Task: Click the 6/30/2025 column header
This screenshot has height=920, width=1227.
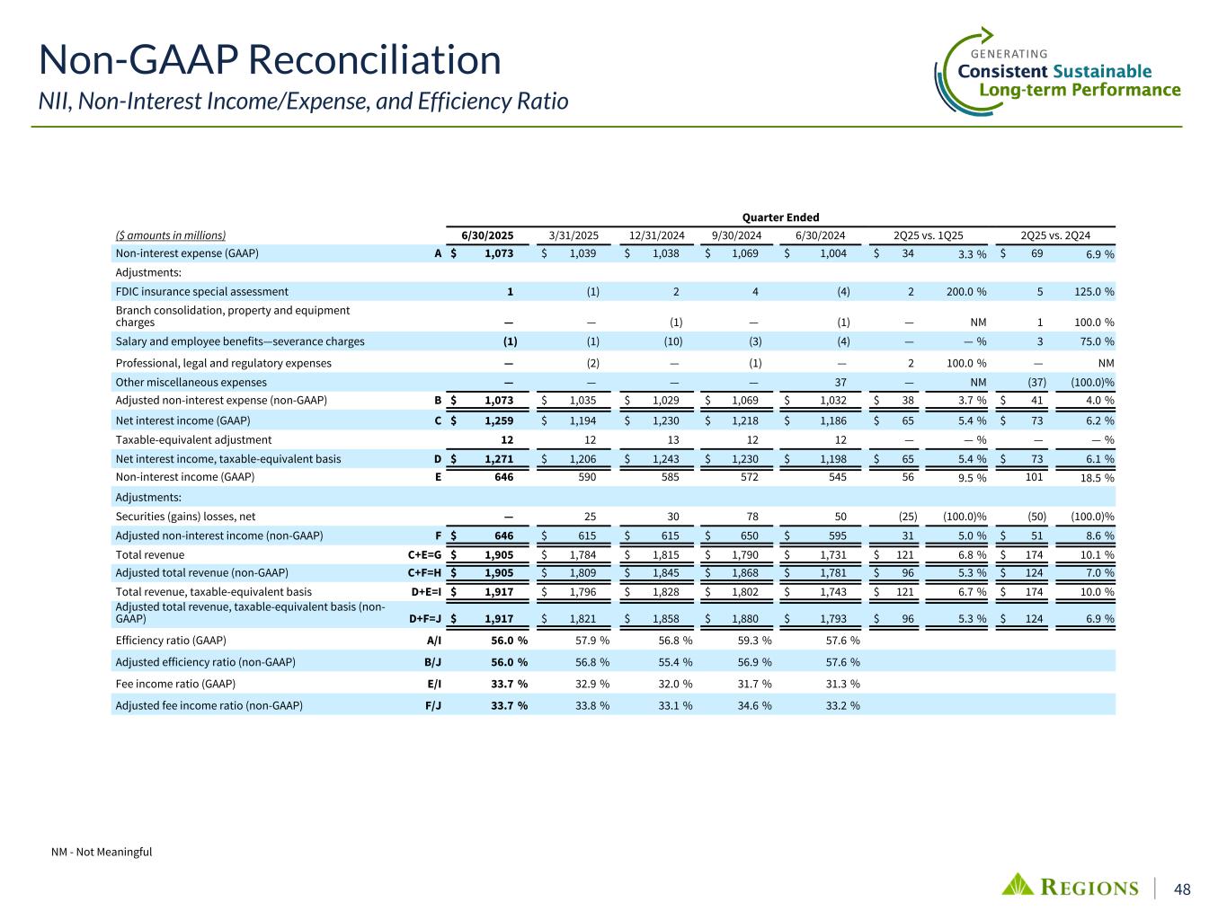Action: pos(487,235)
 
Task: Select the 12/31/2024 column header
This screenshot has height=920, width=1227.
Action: pos(657,235)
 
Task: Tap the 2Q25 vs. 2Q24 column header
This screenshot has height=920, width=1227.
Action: pos(1055,235)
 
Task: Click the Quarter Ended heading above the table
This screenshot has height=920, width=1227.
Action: pos(779,217)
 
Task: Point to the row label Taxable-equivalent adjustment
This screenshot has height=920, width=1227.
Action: pos(193,439)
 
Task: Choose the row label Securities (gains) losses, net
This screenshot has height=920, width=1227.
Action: pos(185,517)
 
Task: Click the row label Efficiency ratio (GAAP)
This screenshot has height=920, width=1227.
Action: pos(171,641)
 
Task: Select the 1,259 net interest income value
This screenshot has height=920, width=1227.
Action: pos(499,420)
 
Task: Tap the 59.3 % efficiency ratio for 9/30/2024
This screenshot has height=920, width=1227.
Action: pos(753,641)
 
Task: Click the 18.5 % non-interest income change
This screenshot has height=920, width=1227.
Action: pos(1098,478)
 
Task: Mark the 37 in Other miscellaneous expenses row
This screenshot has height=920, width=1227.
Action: pos(841,382)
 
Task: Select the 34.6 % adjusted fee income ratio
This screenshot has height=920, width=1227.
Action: pos(753,705)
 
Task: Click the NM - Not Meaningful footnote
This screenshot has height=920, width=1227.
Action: pos(102,852)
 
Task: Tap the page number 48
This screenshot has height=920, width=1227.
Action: pos(1183,889)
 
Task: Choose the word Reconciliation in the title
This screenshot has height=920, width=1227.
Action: pos(374,61)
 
